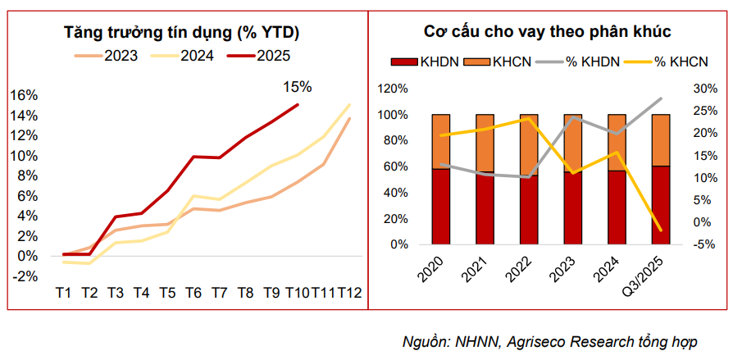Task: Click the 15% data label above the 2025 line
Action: click(297, 86)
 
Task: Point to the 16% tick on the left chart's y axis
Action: click(23, 95)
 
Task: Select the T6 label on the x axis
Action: click(194, 293)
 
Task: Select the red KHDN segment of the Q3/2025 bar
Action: click(660, 205)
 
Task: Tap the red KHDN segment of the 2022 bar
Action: click(529, 210)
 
